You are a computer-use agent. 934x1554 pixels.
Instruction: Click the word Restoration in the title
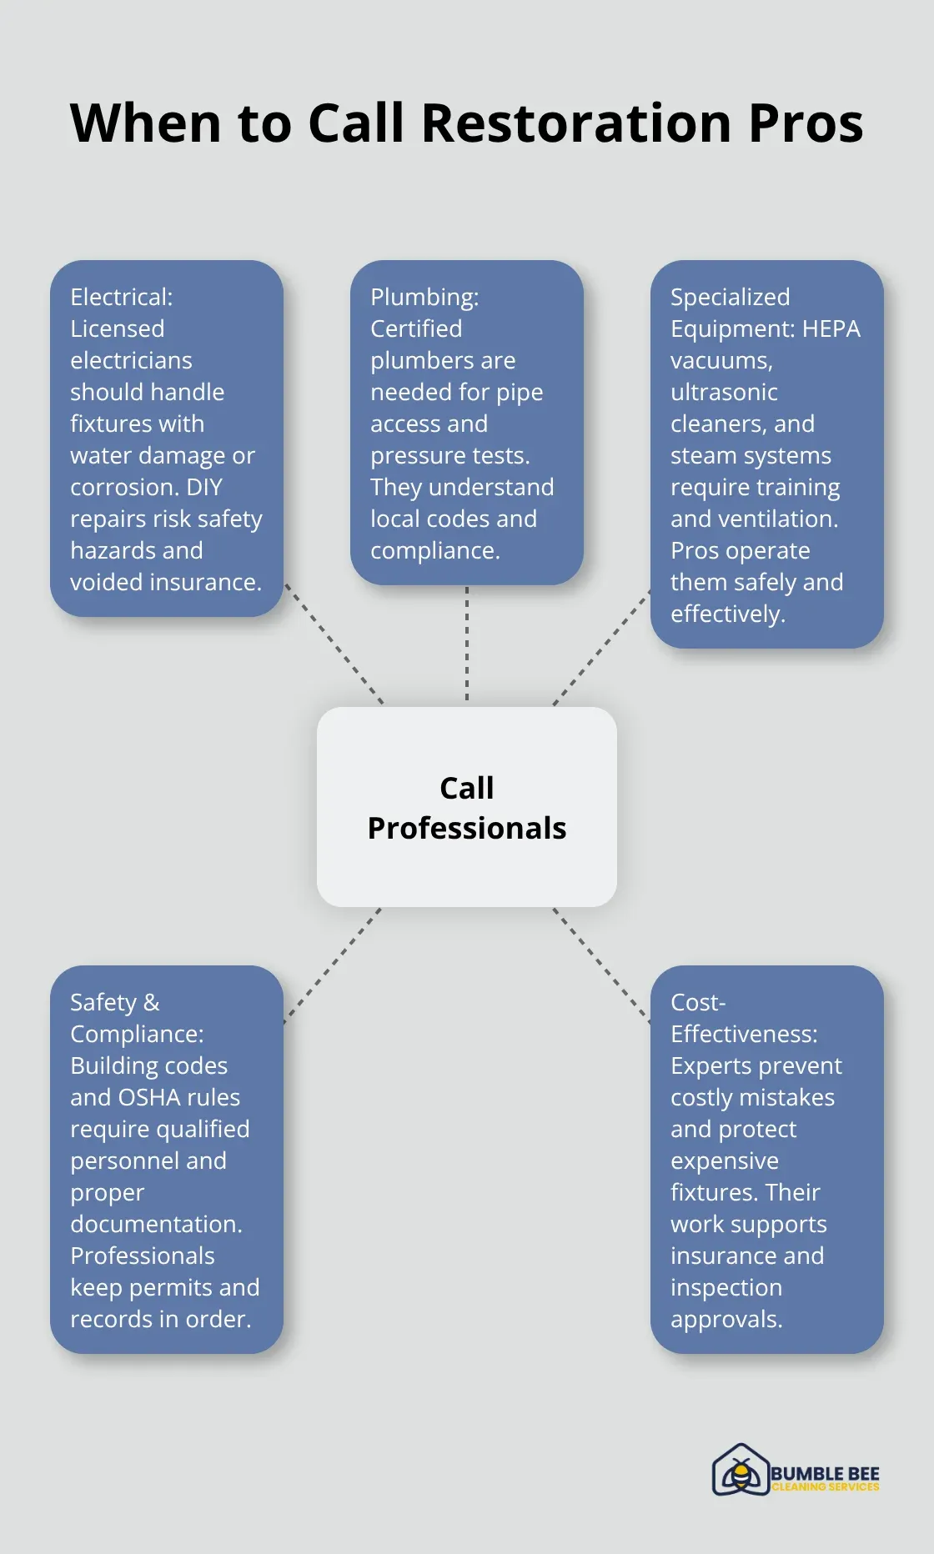point(576,123)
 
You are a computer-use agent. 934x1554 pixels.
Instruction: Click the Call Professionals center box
point(467,807)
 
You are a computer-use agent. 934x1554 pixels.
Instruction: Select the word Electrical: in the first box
point(122,297)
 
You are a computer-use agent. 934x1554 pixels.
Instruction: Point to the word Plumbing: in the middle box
point(424,297)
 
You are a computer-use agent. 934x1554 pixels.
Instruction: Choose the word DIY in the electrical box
point(204,487)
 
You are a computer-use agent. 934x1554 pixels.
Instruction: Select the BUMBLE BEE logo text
point(825,1473)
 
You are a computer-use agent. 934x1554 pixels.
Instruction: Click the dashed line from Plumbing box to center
point(467,644)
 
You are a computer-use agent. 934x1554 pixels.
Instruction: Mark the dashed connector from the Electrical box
point(334,644)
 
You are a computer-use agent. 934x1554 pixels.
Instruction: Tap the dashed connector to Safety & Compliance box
point(332,965)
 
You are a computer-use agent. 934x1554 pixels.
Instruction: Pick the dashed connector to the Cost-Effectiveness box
point(601,964)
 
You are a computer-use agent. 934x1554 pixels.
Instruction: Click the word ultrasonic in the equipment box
point(724,392)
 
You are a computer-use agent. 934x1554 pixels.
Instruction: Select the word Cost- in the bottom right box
point(698,1002)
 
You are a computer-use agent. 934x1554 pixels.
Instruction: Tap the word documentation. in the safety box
point(156,1224)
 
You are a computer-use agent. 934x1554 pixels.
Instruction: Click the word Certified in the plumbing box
point(416,328)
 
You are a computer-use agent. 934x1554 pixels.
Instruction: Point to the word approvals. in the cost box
point(726,1319)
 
